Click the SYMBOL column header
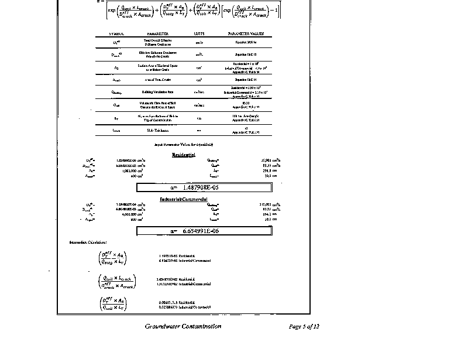click(109, 34)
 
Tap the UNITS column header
click(199, 34)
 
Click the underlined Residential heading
click(184, 155)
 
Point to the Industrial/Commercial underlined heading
click(184, 199)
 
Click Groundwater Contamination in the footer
click(183, 326)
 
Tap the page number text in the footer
click(304, 326)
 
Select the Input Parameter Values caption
click(183, 144)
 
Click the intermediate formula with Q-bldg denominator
click(113, 258)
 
